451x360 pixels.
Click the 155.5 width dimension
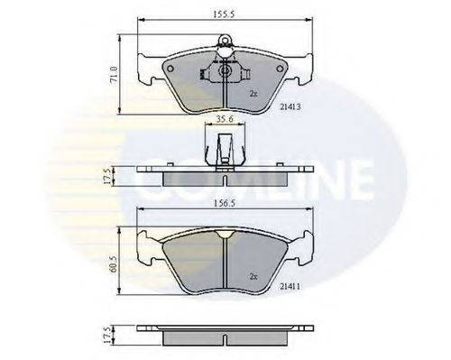point(224,14)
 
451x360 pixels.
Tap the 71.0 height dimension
point(114,75)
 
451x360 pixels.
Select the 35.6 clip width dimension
point(225,119)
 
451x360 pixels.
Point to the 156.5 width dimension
point(225,203)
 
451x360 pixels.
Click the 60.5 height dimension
point(114,264)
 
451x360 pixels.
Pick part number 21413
point(290,106)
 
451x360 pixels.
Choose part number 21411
point(290,287)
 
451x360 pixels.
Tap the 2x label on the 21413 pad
point(253,94)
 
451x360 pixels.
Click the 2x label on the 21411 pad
point(253,277)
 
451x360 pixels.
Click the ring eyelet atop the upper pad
point(225,40)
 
